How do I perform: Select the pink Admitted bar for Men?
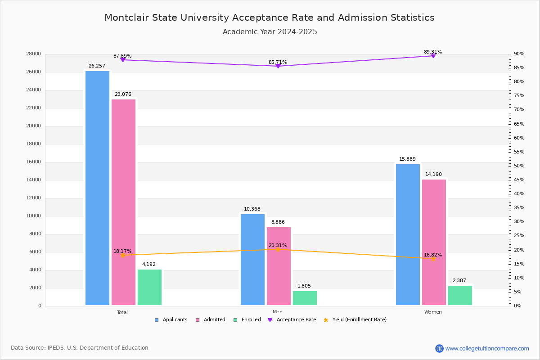(x=279, y=266)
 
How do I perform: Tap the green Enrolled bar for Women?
(x=460, y=295)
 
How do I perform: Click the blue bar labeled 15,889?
(x=408, y=234)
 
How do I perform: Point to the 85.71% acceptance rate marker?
(x=278, y=66)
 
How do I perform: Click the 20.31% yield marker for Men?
(x=278, y=249)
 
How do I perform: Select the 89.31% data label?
(x=433, y=52)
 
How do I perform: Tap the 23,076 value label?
(x=123, y=94)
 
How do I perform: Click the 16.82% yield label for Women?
(x=433, y=255)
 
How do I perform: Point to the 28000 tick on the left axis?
(x=34, y=54)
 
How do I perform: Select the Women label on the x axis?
(x=433, y=312)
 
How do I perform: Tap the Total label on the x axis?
(x=122, y=312)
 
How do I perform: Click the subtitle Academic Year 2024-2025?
(x=270, y=32)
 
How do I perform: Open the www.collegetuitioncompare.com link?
(x=487, y=348)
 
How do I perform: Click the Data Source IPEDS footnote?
(x=80, y=348)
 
